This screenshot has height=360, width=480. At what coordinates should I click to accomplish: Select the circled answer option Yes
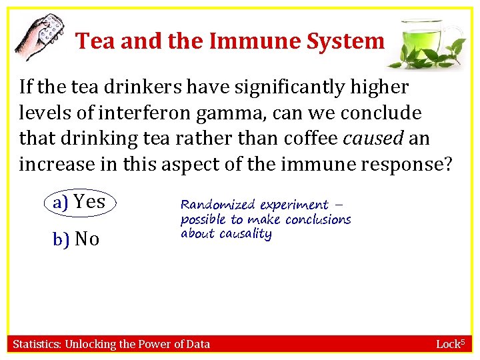[x=81, y=201]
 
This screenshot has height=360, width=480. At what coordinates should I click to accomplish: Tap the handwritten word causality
[x=245, y=234]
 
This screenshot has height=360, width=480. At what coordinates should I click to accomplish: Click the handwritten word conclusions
[x=317, y=219]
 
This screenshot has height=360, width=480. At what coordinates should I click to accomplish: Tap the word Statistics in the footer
[x=37, y=344]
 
